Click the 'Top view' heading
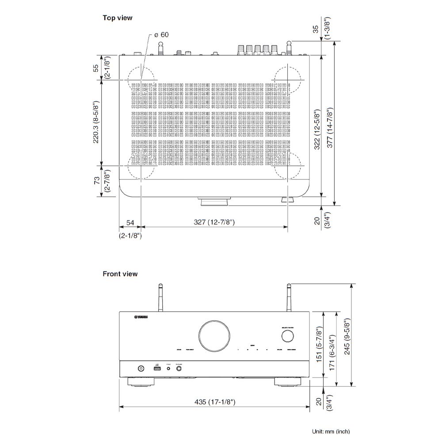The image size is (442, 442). point(118,18)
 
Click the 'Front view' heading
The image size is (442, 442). point(120,274)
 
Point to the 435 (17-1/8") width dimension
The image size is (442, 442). point(214,401)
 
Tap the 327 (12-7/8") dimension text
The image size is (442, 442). point(214,222)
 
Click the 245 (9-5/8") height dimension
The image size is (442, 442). point(347,336)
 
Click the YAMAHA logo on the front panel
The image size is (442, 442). point(141,316)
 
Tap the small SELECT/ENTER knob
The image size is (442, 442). point(287,337)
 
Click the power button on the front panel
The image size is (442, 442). point(141,368)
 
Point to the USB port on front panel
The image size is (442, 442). point(156,368)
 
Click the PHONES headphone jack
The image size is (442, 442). point(179,368)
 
